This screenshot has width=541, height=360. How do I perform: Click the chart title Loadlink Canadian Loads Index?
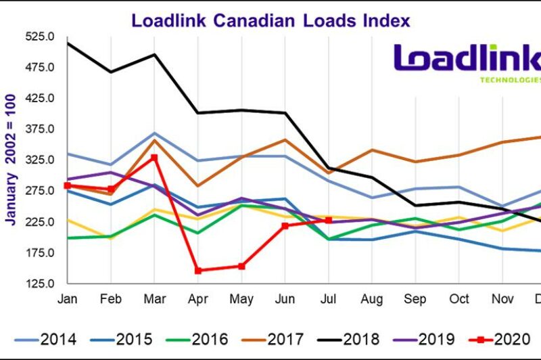tap(270, 20)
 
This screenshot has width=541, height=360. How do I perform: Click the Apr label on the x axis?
tap(197, 298)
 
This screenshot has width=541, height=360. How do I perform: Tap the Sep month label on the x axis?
tap(416, 298)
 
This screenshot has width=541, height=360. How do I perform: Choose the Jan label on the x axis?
tap(66, 298)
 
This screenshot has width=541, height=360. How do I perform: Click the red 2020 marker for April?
tap(198, 271)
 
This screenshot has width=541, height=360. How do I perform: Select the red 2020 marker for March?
tap(154, 157)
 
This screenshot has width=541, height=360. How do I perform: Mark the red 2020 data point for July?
tap(329, 220)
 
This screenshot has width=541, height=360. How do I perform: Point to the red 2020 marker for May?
tap(241, 266)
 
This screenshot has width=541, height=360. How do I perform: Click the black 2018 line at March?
tap(154, 54)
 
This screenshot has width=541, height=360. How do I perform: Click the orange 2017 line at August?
tap(372, 150)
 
